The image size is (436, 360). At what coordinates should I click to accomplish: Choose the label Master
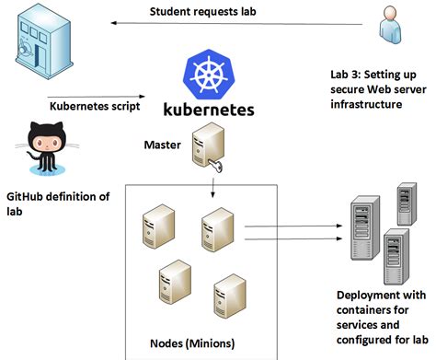[163, 145]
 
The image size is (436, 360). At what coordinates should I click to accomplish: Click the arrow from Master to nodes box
[213, 188]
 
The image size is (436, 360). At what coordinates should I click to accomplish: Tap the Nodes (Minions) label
[191, 343]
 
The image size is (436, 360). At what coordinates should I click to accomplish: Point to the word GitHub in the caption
[28, 197]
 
